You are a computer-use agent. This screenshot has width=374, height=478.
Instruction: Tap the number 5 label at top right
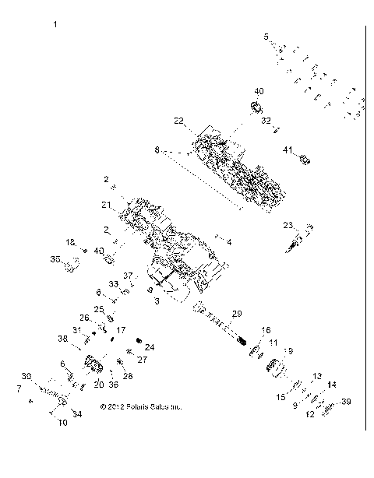[266, 37]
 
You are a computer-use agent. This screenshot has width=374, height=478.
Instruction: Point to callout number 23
[288, 225]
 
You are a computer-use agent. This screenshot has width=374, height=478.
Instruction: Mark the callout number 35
[55, 258]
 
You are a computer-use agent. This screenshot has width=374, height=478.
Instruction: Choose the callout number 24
[150, 346]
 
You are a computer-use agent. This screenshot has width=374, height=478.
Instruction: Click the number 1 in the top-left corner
[55, 26]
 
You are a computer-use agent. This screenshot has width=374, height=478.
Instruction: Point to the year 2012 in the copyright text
[114, 406]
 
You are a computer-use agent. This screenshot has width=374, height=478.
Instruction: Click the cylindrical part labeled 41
[305, 160]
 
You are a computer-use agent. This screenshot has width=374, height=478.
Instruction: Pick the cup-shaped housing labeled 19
[278, 362]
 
